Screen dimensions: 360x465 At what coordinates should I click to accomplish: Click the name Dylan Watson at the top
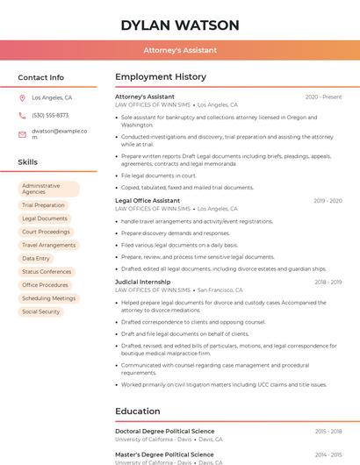pos(179,25)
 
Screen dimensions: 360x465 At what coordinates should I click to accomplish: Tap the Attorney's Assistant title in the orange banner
pos(180,50)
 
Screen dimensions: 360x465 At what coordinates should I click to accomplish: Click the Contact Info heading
pos(40,77)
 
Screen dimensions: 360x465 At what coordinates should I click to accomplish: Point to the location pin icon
pos(22,98)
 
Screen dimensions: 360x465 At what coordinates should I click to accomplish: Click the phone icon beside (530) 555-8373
pos(22,116)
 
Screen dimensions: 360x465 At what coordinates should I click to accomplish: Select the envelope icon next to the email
pos(22,134)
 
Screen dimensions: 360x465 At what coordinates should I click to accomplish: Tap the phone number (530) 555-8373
pos(50,116)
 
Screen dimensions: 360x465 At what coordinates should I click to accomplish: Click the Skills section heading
pos(28,162)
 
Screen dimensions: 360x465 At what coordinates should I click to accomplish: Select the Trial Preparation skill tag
pos(43,205)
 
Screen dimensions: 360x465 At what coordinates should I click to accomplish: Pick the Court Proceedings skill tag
pos(46,232)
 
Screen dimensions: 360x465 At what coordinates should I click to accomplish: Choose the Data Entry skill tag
pos(36,259)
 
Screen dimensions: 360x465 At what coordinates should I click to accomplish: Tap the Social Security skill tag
pos(40,311)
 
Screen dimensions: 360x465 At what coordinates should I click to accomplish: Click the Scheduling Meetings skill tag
pos(48,298)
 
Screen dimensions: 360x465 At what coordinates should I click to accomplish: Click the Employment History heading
pos(161,77)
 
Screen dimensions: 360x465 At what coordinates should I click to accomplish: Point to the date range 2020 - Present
pos(323,97)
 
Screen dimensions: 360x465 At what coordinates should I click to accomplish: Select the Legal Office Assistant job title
pos(148,201)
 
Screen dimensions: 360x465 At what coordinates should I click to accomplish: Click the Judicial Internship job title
pos(143,282)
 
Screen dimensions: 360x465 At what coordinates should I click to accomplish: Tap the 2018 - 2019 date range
pos(328,282)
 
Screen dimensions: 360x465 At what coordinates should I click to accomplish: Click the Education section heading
pos(138,411)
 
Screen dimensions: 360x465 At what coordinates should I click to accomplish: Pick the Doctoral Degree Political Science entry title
pos(164,432)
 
